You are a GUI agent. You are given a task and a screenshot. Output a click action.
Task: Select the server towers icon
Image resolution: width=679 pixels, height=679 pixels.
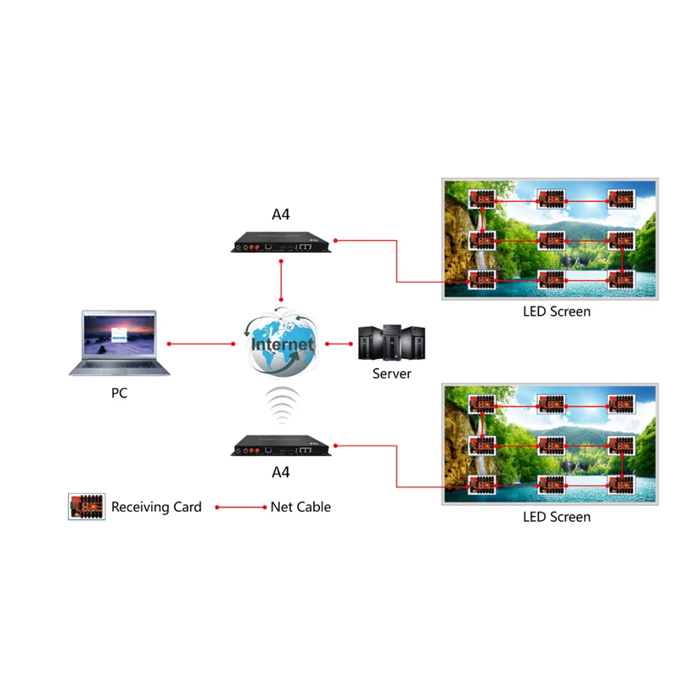coord(391,344)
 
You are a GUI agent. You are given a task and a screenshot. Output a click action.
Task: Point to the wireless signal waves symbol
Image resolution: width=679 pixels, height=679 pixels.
coord(282,405)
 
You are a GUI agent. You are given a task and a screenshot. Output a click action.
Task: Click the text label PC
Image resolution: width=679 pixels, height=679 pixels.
coord(120,394)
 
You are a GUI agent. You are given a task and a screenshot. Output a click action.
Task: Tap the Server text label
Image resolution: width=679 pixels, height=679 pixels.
coord(391,373)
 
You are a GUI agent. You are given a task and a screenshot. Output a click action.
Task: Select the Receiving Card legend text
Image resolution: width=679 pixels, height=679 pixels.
coord(156,508)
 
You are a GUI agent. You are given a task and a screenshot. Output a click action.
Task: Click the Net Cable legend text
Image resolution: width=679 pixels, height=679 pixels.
coord(300,508)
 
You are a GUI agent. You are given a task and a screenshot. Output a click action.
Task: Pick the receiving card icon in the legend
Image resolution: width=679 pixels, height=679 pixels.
coord(87,508)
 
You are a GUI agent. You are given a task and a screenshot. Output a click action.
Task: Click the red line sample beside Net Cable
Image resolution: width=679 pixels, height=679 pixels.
coord(241,508)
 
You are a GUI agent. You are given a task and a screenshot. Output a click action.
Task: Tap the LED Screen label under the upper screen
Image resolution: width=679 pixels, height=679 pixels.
coord(556,311)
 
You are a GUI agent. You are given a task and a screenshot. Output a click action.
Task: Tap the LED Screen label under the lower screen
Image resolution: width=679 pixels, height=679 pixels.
coord(556,516)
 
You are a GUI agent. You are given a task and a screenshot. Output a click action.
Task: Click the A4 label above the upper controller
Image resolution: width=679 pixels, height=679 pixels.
coord(281,215)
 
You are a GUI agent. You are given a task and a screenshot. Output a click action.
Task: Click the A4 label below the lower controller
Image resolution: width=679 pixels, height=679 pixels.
coord(281,472)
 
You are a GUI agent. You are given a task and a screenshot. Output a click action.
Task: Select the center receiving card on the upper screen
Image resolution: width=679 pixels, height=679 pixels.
coord(552,240)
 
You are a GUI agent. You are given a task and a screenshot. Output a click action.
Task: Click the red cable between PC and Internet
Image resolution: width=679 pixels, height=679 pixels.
coord(202,344)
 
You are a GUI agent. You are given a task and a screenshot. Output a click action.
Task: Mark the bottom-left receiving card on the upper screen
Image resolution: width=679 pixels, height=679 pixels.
coord(482,279)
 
